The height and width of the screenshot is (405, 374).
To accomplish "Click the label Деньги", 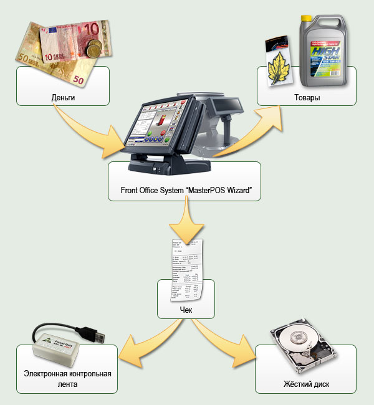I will pyautogui.click(x=63, y=98).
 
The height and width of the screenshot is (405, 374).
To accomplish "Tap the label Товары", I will pyautogui.click(x=307, y=98).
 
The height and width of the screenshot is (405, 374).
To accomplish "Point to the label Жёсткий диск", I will pyautogui.click(x=306, y=384).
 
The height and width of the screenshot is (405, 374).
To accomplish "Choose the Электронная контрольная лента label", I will pyautogui.click(x=67, y=379).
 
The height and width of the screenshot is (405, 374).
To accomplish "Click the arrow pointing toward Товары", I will pyautogui.click(x=249, y=128).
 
